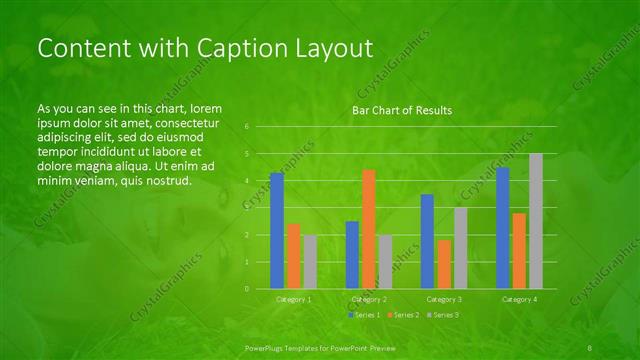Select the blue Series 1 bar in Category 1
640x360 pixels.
(x=277, y=231)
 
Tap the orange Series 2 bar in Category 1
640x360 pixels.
(x=294, y=256)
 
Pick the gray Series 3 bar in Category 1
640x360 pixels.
(x=310, y=262)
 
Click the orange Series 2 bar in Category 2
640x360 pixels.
(x=369, y=229)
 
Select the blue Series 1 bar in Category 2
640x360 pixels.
(x=352, y=255)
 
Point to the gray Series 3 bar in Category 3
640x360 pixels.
(x=460, y=248)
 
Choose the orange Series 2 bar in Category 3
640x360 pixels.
(x=444, y=264)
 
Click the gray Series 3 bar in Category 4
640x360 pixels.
(x=536, y=221)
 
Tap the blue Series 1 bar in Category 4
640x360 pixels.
(x=503, y=228)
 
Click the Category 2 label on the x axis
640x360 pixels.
(x=369, y=299)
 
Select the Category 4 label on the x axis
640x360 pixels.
(x=519, y=299)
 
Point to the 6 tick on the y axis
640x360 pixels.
(x=247, y=127)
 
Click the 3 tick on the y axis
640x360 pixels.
(x=247, y=208)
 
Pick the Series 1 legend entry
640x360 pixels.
(x=363, y=315)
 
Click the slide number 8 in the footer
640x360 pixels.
(x=591, y=347)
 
